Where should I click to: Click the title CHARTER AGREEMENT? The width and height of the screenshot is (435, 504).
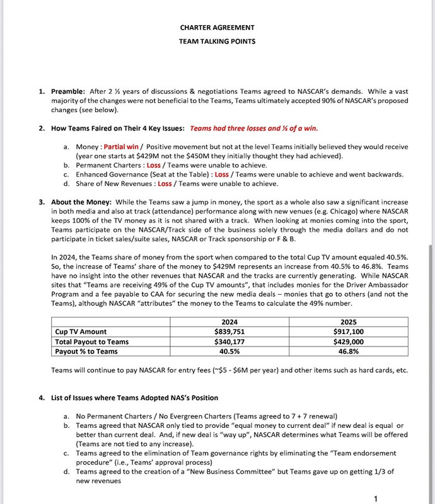pos(217,27)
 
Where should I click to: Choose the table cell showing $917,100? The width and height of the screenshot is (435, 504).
pos(348,331)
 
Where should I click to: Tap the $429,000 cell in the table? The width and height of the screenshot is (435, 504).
pos(348,341)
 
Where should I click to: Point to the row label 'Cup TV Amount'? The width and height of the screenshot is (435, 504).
pos(81,331)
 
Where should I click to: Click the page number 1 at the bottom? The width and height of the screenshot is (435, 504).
pos(376,499)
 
